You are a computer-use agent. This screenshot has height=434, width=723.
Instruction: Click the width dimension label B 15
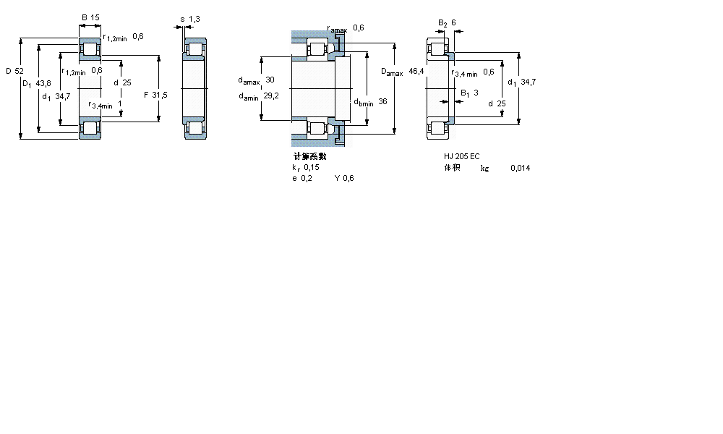pos(90,17)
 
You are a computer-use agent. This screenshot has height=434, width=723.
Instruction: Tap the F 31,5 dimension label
pos(155,95)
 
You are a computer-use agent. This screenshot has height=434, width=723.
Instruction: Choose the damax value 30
pos(270,80)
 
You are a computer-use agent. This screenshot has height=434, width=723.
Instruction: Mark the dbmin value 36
pos(382,102)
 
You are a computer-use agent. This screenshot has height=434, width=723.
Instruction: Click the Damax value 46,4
pos(416,71)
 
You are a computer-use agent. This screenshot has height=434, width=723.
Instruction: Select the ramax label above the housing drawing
pos(337,29)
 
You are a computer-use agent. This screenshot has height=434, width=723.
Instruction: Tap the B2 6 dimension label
pos(447,22)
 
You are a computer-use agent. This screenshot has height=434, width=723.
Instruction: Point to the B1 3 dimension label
pos(470,93)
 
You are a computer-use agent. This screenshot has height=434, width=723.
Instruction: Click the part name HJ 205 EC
pos(462,156)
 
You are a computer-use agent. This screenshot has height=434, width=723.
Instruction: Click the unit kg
pos(484,168)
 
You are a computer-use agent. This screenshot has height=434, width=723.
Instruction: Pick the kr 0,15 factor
pos(305,167)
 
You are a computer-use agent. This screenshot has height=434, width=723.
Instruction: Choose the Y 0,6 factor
pos(344,179)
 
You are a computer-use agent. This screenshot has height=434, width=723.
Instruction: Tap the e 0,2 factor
pos(302,179)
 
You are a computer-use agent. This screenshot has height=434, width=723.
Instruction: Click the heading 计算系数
pos(309,156)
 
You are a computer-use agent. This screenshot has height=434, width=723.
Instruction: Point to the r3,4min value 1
pos(119,104)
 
